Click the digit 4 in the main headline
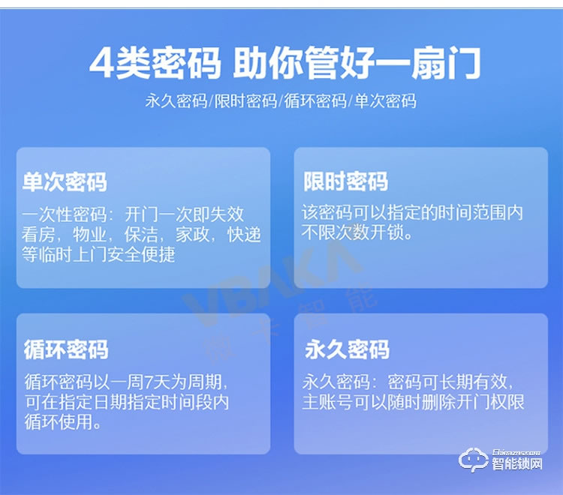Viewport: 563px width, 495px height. click(x=100, y=63)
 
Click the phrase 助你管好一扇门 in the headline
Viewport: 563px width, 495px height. click(x=356, y=63)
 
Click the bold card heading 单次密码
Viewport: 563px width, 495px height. click(x=65, y=182)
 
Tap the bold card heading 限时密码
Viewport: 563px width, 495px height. click(x=345, y=182)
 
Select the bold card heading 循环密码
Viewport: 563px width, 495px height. click(x=66, y=349)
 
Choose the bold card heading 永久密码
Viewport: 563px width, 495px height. click(x=347, y=349)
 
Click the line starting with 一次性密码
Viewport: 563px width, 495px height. click(x=134, y=214)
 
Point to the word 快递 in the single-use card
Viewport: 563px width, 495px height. click(x=245, y=235)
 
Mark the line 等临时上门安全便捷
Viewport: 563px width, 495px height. click(x=99, y=255)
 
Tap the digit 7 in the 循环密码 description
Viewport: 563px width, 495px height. click(x=145, y=381)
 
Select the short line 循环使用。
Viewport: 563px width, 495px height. click(x=63, y=422)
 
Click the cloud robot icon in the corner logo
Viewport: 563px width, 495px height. click(x=474, y=460)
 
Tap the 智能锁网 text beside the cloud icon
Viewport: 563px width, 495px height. click(x=517, y=464)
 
